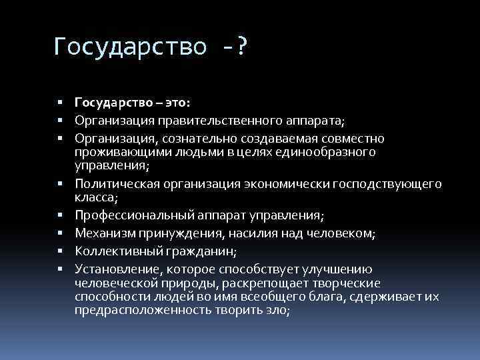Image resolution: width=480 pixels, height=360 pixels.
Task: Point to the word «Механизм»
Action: point(102,233)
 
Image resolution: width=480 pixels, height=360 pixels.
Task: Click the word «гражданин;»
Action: point(206,251)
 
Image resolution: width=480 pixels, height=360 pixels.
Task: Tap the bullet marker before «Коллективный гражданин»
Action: point(60,251)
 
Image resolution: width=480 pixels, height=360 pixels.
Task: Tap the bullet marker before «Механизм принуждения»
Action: point(60,233)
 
